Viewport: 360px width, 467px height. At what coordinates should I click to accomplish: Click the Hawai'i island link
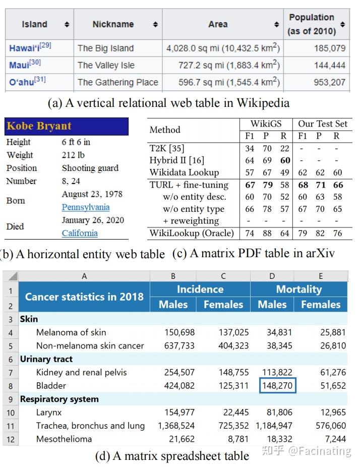(24, 48)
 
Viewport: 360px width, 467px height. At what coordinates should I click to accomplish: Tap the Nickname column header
(113, 24)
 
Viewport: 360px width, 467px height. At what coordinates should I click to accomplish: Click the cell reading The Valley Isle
(106, 66)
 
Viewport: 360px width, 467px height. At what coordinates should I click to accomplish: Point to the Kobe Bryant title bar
(67, 126)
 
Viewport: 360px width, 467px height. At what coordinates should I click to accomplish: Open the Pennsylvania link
(86, 207)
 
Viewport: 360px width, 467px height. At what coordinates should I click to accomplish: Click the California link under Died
(80, 233)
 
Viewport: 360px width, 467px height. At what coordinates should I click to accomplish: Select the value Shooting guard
(90, 168)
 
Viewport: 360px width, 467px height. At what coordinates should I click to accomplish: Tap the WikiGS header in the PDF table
(266, 124)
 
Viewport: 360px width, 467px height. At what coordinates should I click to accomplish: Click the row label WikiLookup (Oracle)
(192, 233)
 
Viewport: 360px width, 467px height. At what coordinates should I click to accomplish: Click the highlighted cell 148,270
(277, 386)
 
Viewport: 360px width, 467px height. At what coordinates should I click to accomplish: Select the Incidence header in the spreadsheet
(200, 289)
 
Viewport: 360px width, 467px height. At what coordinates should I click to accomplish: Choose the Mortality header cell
(298, 289)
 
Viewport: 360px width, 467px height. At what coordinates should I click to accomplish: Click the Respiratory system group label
(59, 399)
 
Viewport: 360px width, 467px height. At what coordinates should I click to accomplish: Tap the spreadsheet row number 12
(11, 439)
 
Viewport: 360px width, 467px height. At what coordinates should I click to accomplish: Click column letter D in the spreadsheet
(272, 276)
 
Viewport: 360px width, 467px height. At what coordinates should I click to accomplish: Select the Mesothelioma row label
(64, 439)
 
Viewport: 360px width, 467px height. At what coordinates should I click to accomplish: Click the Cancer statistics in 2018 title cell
(84, 297)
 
